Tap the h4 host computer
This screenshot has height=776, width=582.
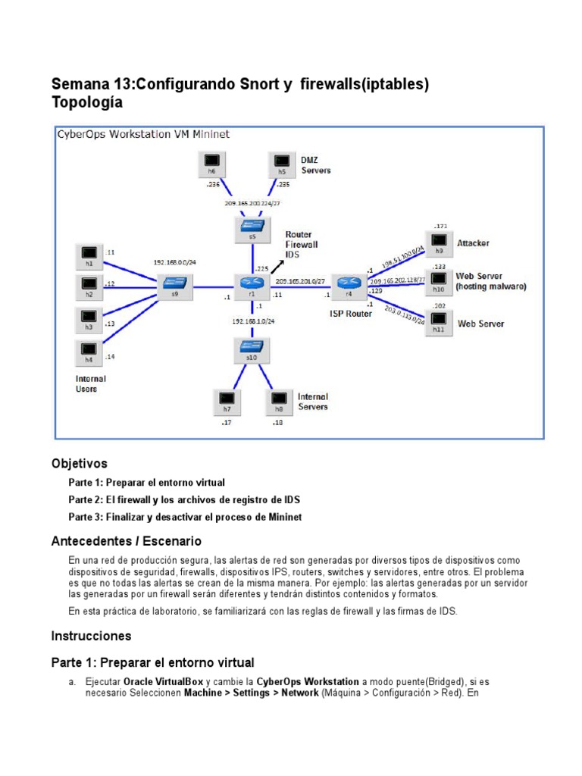[89, 351]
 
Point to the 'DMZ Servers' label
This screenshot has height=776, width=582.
[314, 165]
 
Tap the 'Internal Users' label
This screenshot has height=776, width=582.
[91, 383]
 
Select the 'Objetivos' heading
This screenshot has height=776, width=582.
[79, 463]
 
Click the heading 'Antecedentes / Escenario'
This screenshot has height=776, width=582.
[126, 541]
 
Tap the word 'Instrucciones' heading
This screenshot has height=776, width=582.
[91, 635]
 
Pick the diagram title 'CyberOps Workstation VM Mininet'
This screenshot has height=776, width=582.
[144, 134]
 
